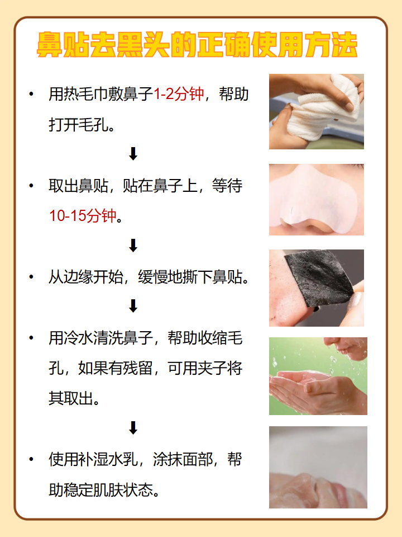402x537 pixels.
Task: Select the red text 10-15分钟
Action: pyautogui.click(x=84, y=216)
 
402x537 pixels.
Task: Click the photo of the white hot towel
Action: pyautogui.click(x=316, y=111)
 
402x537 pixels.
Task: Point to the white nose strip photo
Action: pyautogui.click(x=316, y=200)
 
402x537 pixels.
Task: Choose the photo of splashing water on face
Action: pyautogui.click(x=318, y=376)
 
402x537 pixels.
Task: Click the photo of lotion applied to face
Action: pyautogui.click(x=318, y=467)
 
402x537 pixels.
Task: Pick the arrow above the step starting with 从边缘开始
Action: pyautogui.click(x=133, y=245)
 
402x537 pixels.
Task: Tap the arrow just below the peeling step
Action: pyautogui.click(x=133, y=305)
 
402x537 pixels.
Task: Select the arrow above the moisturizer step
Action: pyautogui.click(x=133, y=428)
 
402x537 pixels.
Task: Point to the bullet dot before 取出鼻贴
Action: pyautogui.click(x=31, y=186)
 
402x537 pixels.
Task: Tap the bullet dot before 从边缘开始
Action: pyautogui.click(x=31, y=277)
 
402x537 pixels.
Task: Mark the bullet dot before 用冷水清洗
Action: pyautogui.click(x=31, y=338)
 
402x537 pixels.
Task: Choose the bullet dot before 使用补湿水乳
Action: pyautogui.click(x=31, y=460)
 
